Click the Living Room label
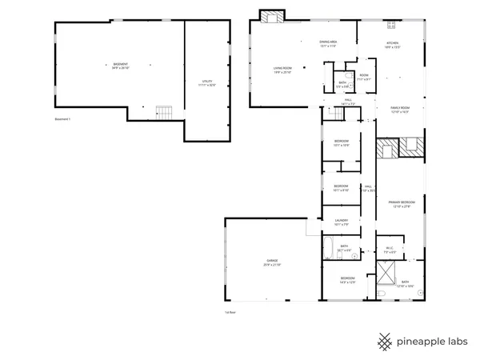282,69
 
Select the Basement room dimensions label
120,66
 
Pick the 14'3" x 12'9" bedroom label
347,281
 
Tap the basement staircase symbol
164,111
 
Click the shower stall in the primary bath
387,276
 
